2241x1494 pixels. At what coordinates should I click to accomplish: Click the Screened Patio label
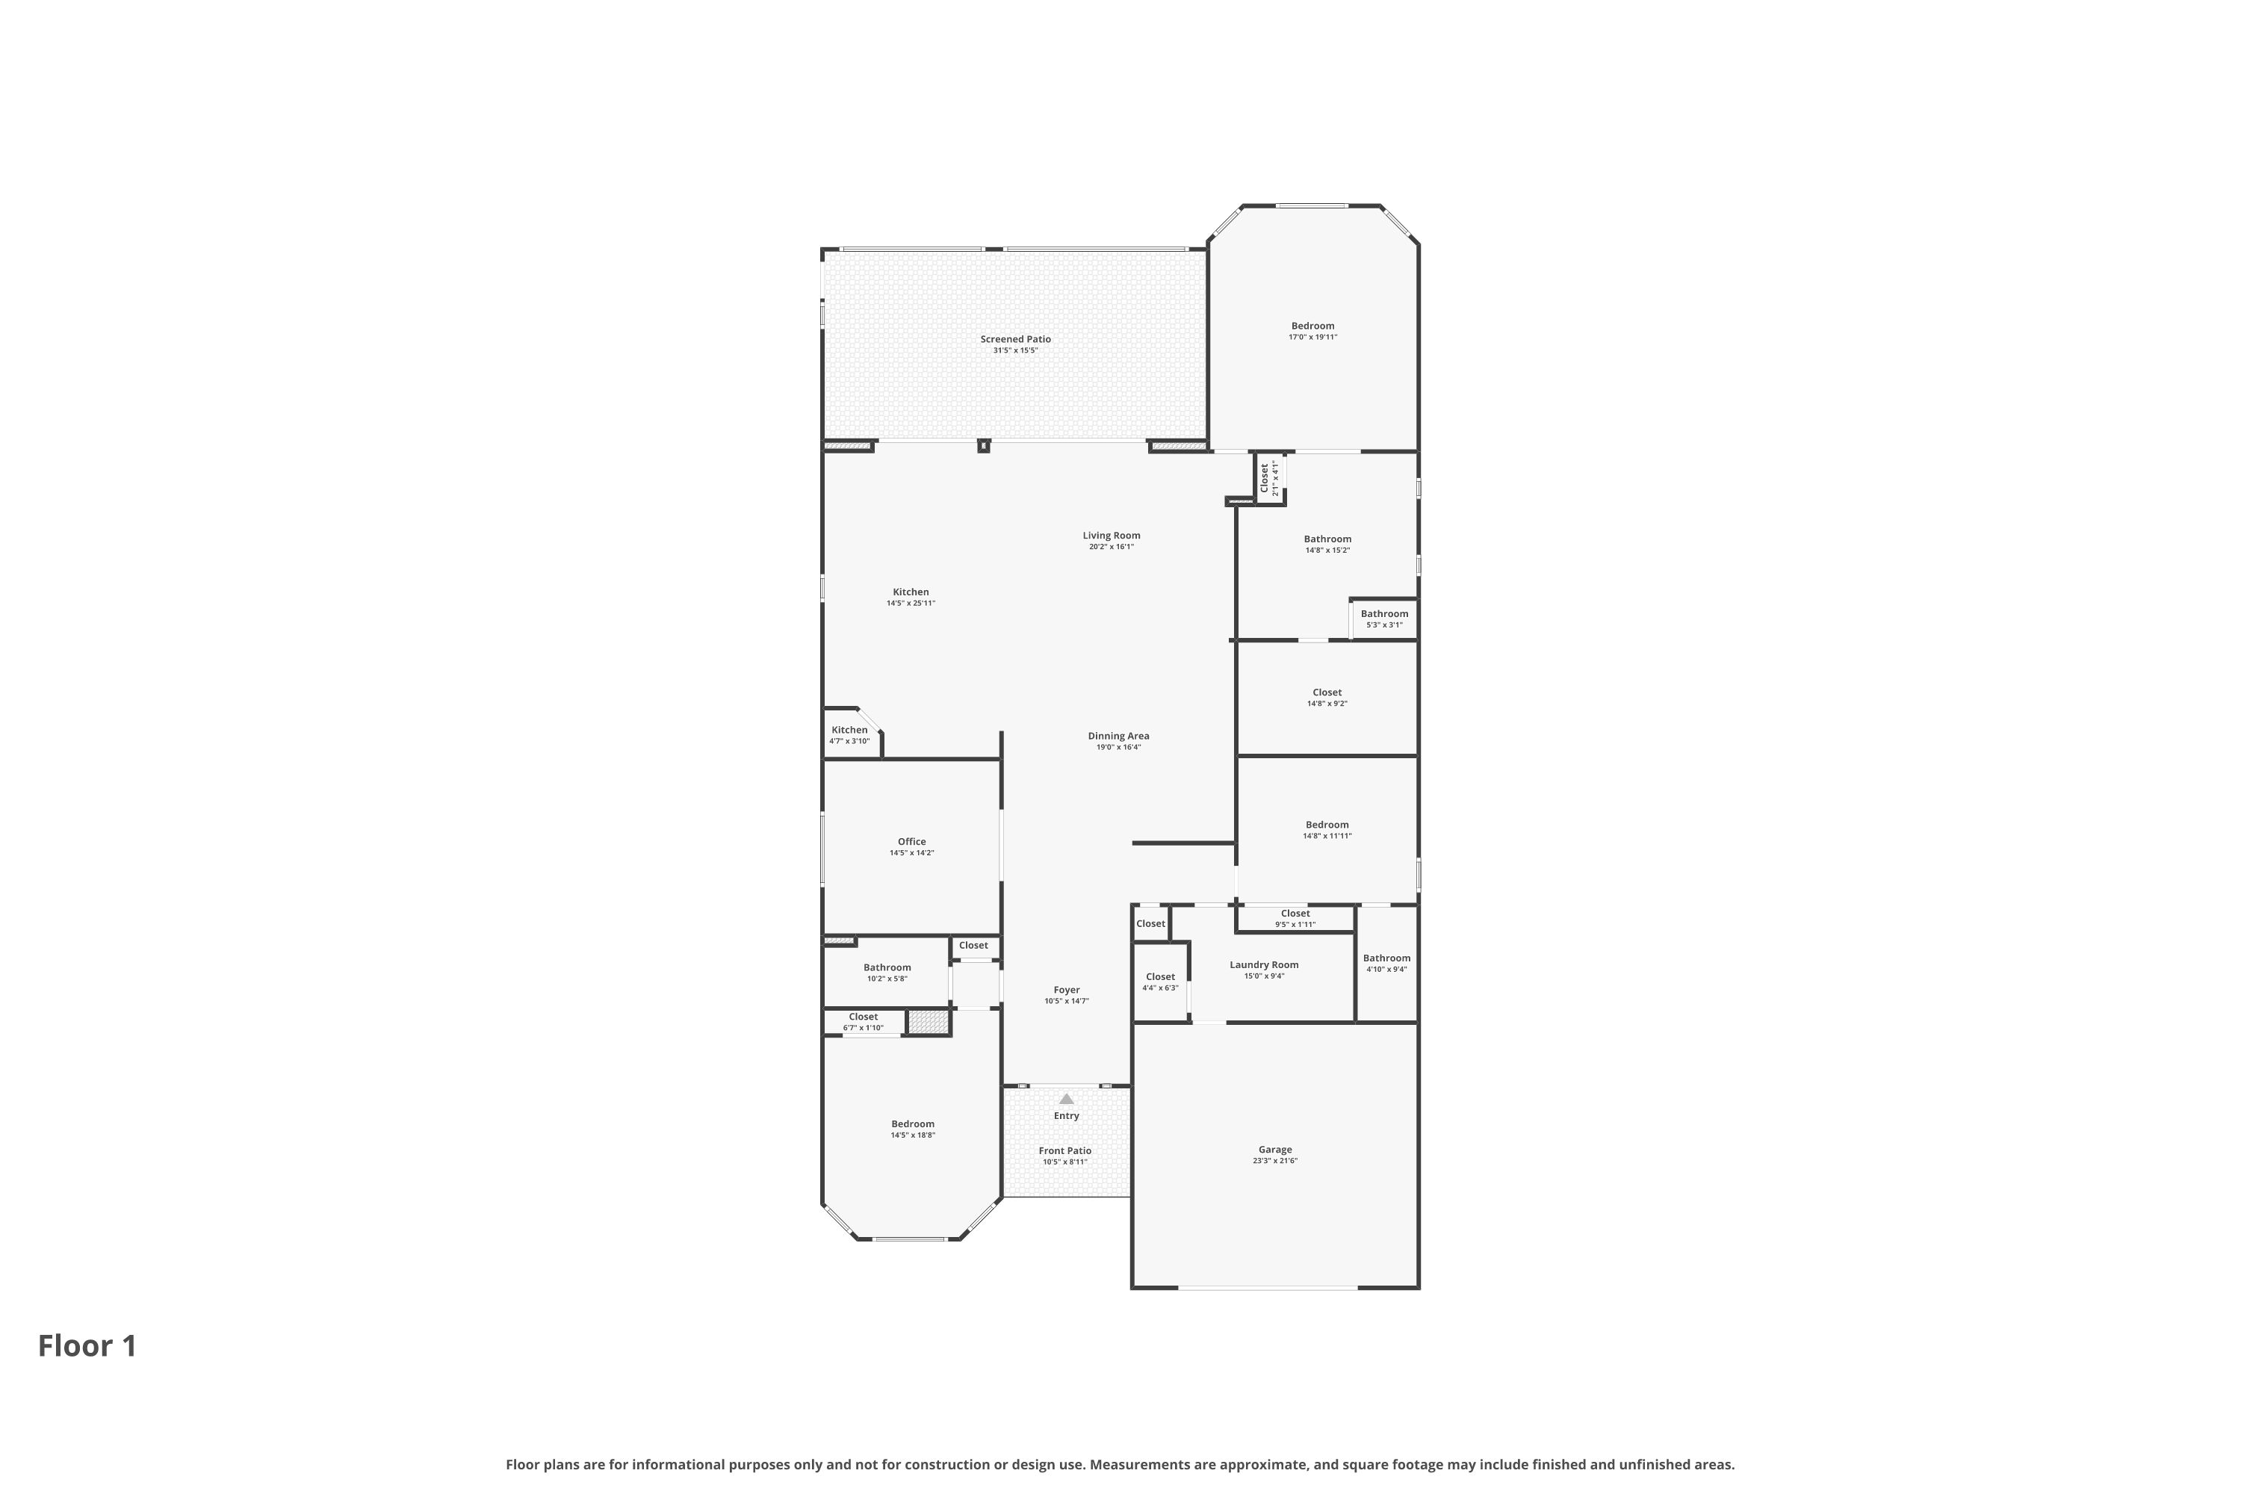click(1016, 339)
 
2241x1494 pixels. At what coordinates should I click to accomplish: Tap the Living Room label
click(1111, 536)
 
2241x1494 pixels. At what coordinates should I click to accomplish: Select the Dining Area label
click(1118, 736)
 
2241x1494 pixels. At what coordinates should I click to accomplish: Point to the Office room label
click(912, 841)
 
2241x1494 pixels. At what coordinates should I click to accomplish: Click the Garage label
click(1275, 1149)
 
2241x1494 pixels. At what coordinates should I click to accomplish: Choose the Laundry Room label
click(1265, 964)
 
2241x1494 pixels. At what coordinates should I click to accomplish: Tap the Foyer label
click(1066, 990)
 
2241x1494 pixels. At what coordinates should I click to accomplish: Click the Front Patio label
click(1065, 1151)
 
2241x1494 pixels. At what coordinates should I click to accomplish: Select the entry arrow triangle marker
click(1066, 1099)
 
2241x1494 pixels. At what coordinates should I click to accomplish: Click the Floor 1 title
click(87, 1345)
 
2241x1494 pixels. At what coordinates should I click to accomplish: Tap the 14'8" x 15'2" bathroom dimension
click(1327, 551)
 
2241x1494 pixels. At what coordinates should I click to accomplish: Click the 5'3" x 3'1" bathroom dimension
click(1384, 625)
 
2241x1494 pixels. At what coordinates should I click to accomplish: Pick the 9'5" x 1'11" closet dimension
click(1296, 924)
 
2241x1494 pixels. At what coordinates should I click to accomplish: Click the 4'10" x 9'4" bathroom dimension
click(1386, 970)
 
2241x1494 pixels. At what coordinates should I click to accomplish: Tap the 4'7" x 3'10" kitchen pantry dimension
click(849, 741)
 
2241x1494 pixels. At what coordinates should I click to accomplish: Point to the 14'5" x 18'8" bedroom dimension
click(913, 1135)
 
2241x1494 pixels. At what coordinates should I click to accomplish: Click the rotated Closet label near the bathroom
click(1265, 478)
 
